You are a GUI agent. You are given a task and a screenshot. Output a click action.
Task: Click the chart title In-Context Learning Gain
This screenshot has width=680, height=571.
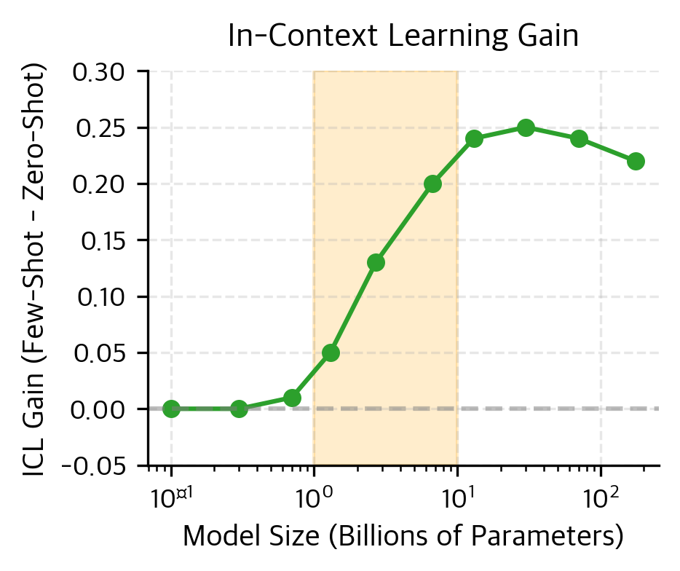tap(403, 36)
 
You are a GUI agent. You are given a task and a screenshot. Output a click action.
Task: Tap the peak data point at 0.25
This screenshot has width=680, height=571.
tap(526, 127)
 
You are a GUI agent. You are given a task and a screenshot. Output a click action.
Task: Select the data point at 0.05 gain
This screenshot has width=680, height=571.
tap(331, 353)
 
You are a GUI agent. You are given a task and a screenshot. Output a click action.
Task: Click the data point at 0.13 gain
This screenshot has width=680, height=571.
tap(376, 262)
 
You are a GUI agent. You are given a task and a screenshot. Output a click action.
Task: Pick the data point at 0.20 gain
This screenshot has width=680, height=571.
tap(433, 184)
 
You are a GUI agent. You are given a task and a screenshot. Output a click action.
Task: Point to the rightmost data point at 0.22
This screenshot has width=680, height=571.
tap(636, 161)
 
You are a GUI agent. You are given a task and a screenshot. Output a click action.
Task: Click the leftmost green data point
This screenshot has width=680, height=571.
tap(171, 409)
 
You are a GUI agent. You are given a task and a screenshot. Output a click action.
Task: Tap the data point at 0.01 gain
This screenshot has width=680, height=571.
tap(293, 398)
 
